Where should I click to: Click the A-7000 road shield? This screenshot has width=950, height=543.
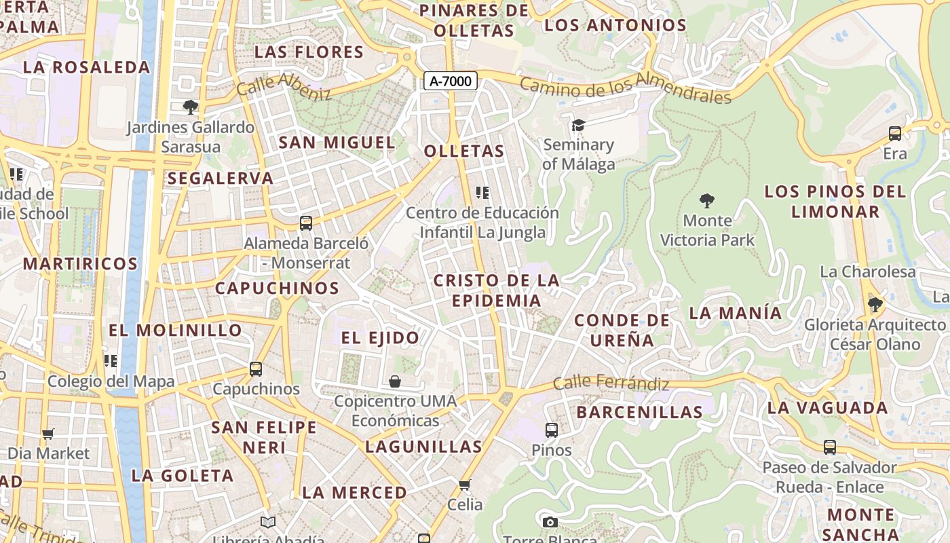451,81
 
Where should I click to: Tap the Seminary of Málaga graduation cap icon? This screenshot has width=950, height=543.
578,126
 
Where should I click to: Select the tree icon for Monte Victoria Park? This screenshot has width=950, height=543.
707,201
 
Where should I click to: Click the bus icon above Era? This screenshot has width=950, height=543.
895,134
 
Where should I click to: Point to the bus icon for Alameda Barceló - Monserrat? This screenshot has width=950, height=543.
306,223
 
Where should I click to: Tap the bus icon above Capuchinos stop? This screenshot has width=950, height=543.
255,369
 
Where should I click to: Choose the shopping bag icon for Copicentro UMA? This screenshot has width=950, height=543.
395,381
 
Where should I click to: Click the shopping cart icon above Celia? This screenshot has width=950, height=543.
465,485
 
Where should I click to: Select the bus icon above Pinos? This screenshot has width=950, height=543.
551,430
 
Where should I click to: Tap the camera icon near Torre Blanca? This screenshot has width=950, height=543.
550,522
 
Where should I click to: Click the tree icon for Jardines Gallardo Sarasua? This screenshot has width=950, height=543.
191,107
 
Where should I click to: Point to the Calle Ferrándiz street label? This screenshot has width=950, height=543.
611,383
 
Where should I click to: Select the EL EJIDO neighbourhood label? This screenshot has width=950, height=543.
380,337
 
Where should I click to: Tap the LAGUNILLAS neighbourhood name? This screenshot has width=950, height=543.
423,447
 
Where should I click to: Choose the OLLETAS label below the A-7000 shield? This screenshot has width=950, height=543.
465,151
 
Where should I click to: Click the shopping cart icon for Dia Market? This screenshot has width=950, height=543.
47,434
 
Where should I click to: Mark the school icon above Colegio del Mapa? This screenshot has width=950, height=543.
110,361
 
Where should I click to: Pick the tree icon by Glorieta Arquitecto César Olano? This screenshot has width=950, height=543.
875,304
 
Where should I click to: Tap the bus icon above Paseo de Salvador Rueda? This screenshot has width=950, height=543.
829,447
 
